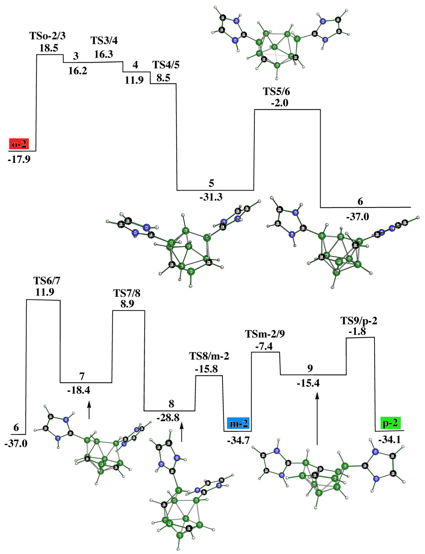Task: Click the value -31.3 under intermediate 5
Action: click(211, 197)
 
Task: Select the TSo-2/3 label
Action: click(48, 36)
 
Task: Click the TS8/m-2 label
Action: click(209, 356)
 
